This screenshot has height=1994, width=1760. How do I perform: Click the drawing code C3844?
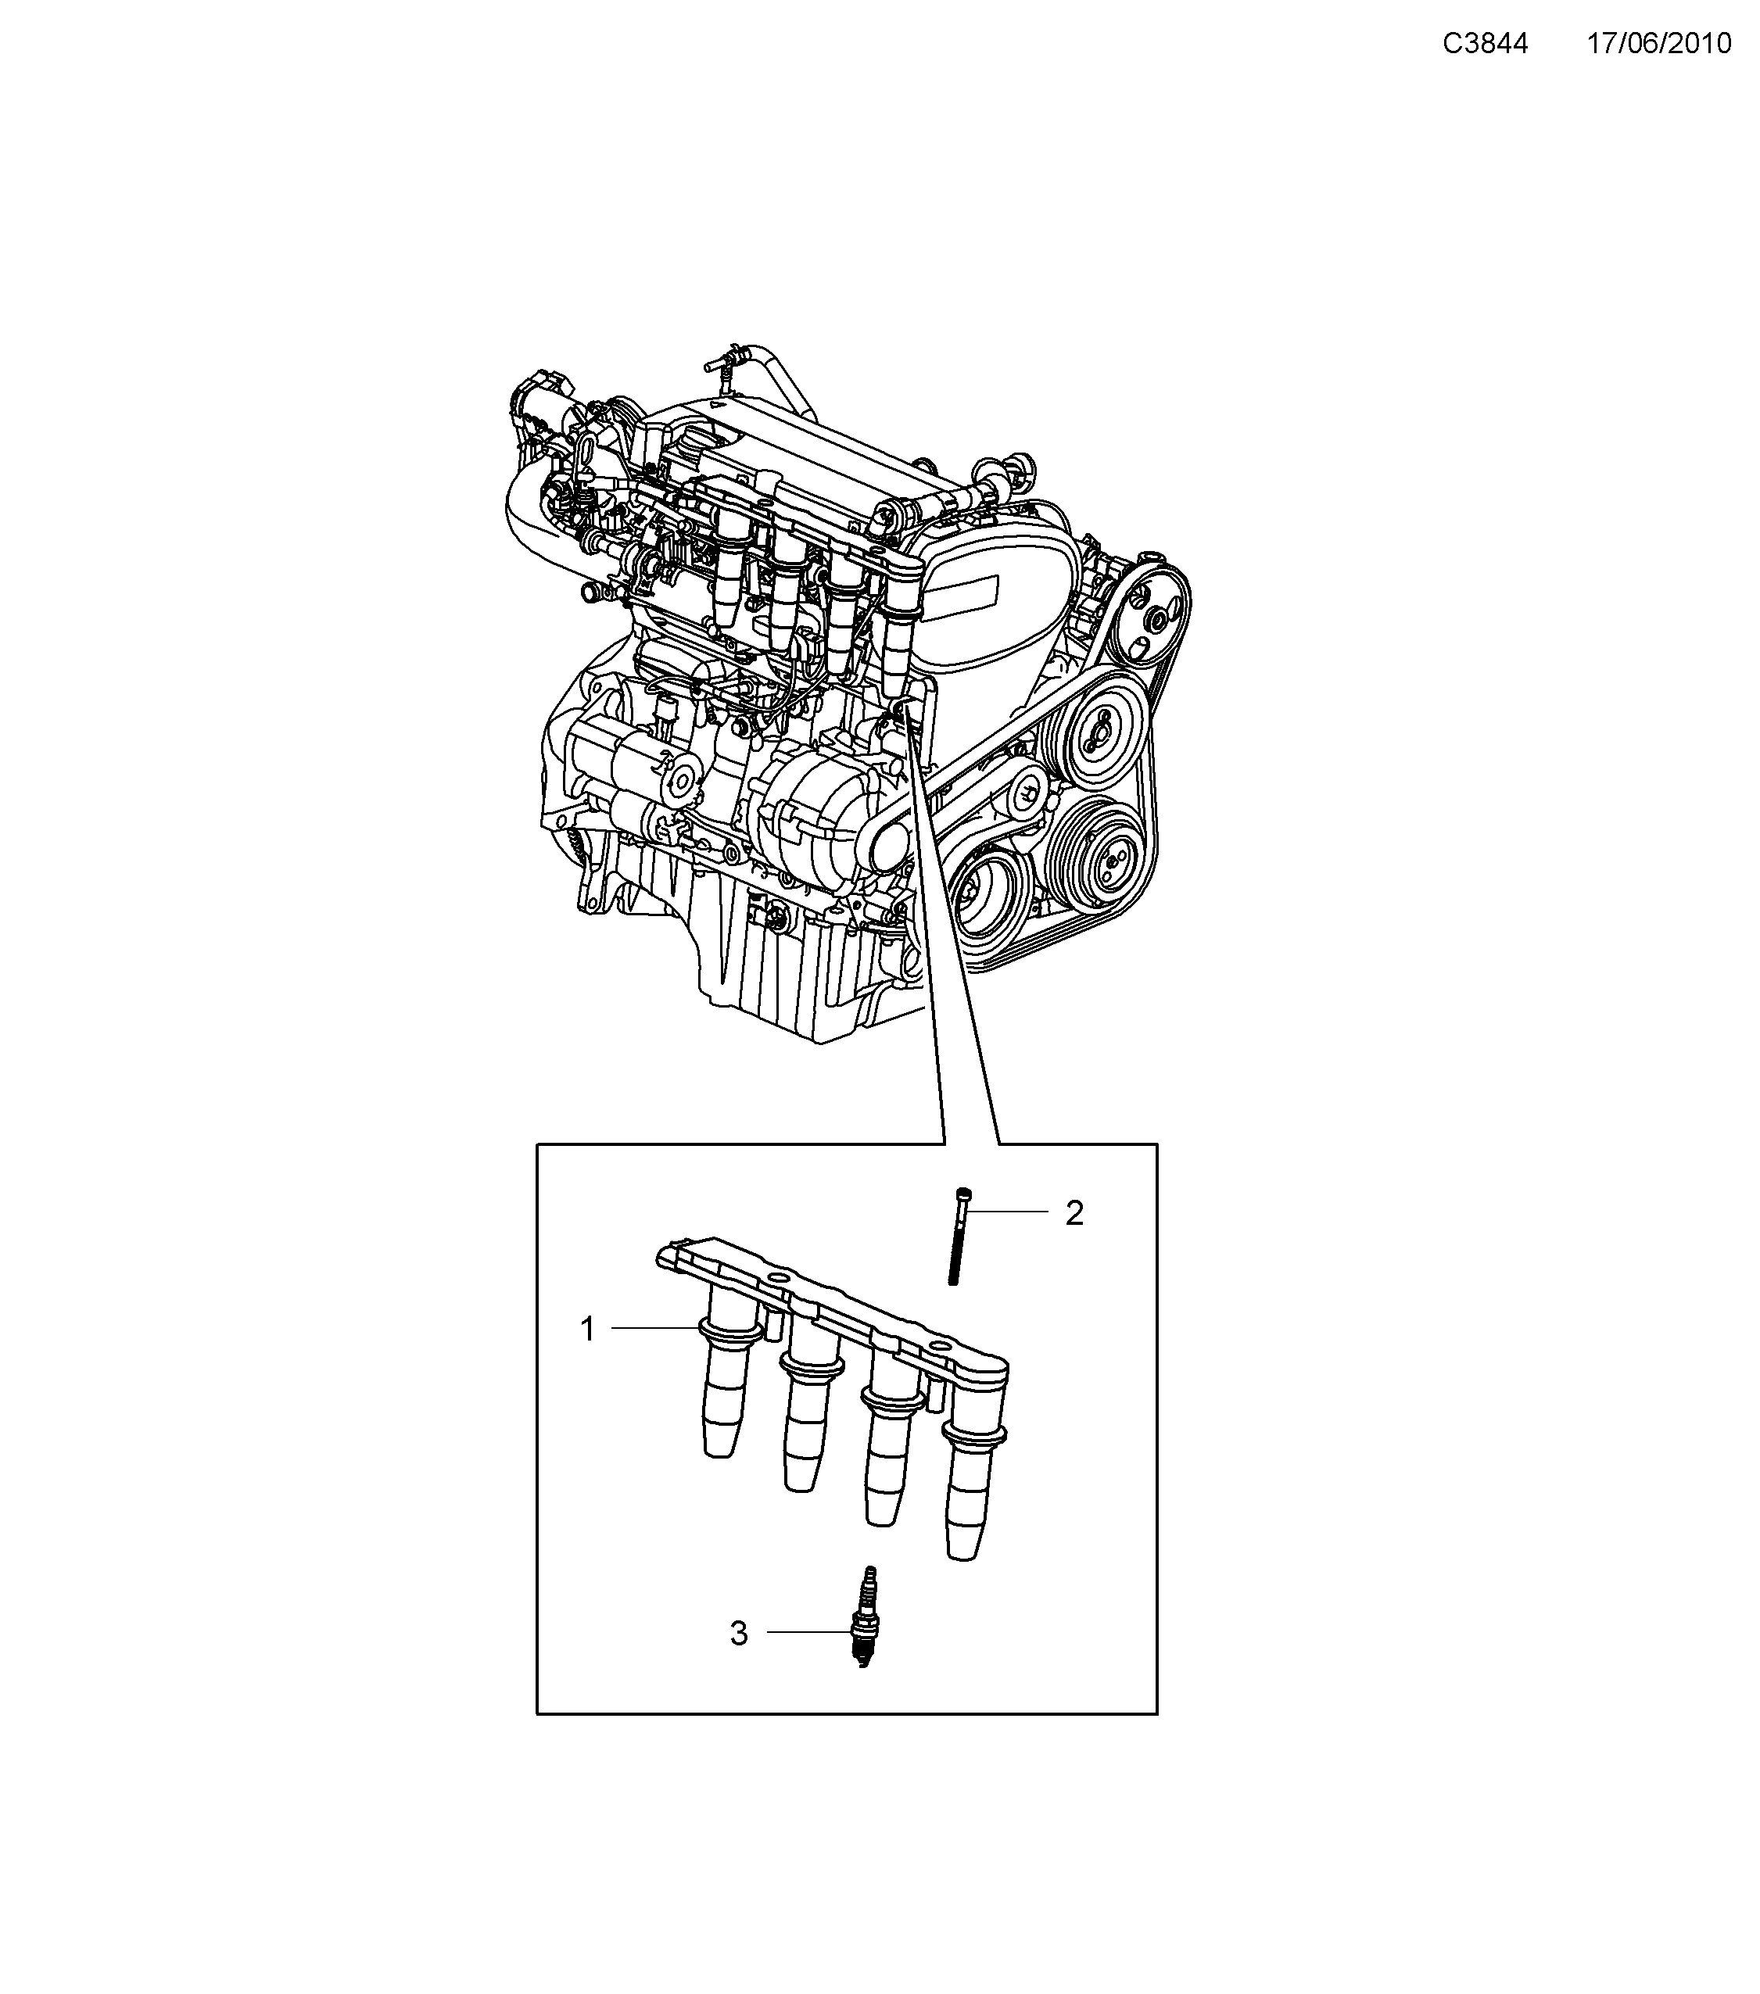pyautogui.click(x=1485, y=44)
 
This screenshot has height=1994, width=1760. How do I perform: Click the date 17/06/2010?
pyautogui.click(x=1658, y=44)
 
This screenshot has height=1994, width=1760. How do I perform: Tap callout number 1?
pyautogui.click(x=587, y=1329)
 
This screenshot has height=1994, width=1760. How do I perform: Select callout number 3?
pyautogui.click(x=739, y=1633)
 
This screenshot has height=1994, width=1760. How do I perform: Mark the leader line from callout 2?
pyautogui.click(x=1009, y=1212)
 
